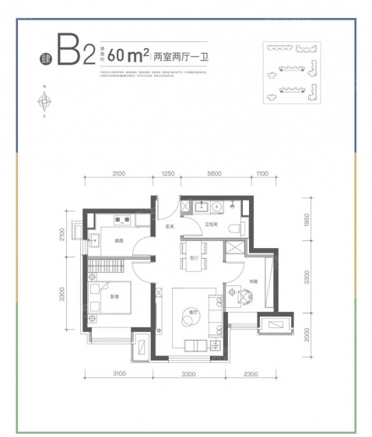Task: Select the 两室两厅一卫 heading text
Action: point(176,56)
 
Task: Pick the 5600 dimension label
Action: point(216,176)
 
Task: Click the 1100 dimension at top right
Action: point(261,176)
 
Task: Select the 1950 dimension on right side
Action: point(307,223)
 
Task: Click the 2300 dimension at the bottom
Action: point(250,375)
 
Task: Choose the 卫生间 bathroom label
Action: point(210,226)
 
